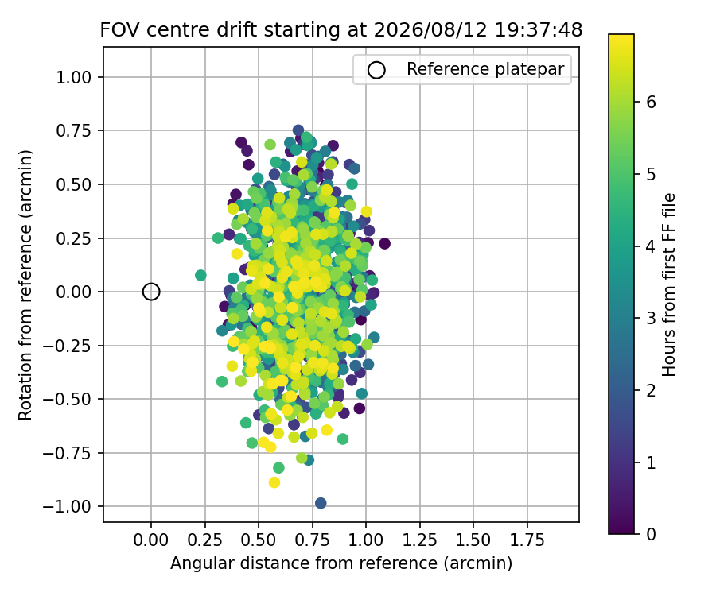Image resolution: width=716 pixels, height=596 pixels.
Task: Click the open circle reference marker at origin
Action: click(x=151, y=292)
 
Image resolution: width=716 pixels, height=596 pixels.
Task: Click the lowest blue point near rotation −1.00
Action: click(x=321, y=503)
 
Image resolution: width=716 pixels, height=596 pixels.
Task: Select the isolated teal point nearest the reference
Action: click(x=200, y=275)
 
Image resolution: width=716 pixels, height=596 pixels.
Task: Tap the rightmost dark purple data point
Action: click(x=384, y=243)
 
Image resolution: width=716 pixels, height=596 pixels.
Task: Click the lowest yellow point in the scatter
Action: click(x=274, y=482)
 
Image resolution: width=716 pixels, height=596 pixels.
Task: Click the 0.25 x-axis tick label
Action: click(x=204, y=540)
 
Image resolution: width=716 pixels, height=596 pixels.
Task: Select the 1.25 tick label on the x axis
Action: click(x=419, y=540)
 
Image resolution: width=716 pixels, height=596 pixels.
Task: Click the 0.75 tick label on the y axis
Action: click(x=73, y=131)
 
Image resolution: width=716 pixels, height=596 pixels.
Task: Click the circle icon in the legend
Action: click(x=377, y=70)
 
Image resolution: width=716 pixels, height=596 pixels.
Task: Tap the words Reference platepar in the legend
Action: click(x=485, y=69)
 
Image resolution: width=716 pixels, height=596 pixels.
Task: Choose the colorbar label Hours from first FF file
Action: click(x=668, y=285)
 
